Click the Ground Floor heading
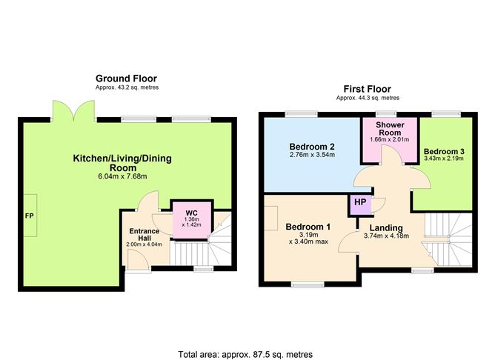coord(126,78)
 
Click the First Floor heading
coord(368,88)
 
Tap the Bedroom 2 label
coord(311,145)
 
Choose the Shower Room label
coord(389,129)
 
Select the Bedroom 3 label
coord(444,150)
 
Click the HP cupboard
coord(360,203)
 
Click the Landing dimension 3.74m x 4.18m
coord(386,237)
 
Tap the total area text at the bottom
coord(245,353)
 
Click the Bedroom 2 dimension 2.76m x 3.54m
coord(311,155)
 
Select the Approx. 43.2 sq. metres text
coord(127,87)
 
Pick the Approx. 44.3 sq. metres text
coord(368,97)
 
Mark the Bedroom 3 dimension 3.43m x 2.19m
coord(444,159)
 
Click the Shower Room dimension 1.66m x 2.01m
coord(389,140)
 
